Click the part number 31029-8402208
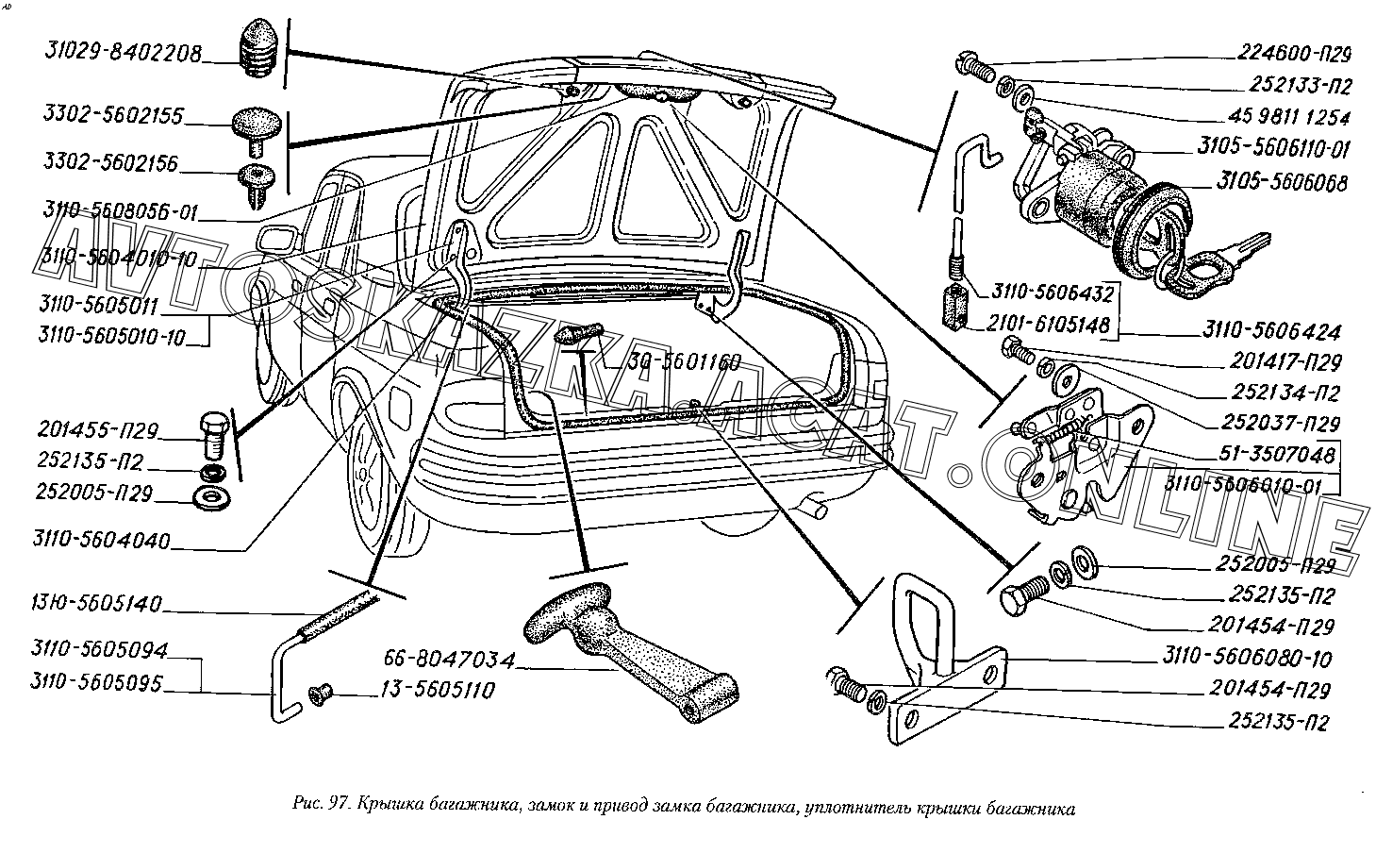[x=123, y=56]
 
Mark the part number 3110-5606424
[x=1270, y=332]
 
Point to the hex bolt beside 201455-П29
[x=214, y=430]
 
